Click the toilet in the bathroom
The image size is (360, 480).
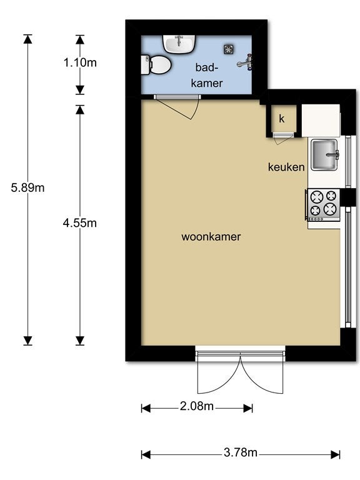click(x=156, y=64)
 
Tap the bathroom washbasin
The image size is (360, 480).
click(x=179, y=44)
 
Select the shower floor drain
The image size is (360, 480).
click(x=228, y=49)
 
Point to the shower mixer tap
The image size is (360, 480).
click(x=245, y=62)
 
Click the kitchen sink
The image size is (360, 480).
click(x=324, y=154)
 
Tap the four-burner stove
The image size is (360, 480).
click(x=323, y=205)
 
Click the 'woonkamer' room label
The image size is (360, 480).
click(x=211, y=237)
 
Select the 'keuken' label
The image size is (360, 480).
click(x=286, y=167)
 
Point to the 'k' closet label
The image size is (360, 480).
click(x=282, y=118)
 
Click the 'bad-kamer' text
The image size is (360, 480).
click(x=207, y=75)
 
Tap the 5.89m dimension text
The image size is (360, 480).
click(x=27, y=187)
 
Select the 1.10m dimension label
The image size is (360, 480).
click(x=80, y=62)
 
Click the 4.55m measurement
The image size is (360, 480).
click(x=79, y=223)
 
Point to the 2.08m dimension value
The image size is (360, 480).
click(x=196, y=406)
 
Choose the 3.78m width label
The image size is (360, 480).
click(x=241, y=452)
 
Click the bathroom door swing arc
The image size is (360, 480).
click(x=196, y=109)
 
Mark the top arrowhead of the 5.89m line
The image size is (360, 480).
click(x=27, y=39)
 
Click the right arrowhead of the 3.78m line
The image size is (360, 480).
click(x=336, y=454)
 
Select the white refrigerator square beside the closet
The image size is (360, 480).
click(x=321, y=121)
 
